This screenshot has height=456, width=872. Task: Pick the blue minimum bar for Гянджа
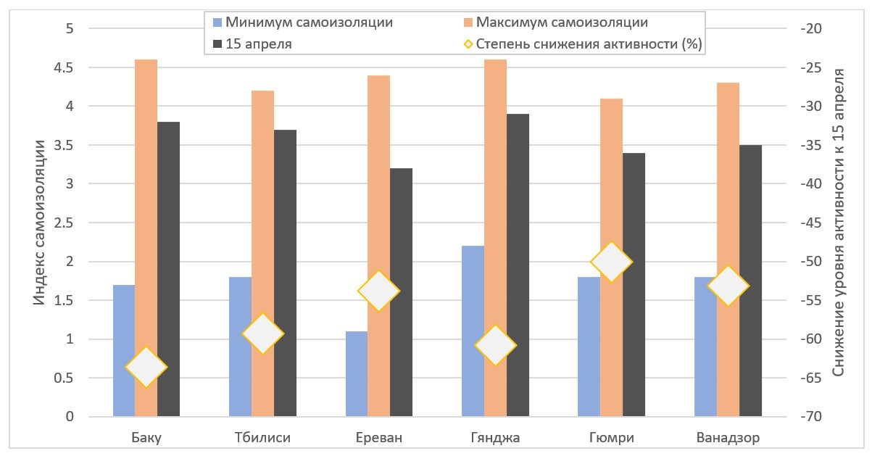click(x=473, y=290)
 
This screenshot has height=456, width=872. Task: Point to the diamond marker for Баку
click(x=146, y=368)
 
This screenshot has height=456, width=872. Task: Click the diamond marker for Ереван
click(x=379, y=291)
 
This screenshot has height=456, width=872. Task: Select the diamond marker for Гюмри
click(x=612, y=262)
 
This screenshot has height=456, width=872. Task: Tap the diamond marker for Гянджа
click(x=496, y=345)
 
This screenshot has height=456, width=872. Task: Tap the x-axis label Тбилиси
click(x=262, y=438)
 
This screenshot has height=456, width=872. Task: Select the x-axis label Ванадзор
click(x=728, y=438)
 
